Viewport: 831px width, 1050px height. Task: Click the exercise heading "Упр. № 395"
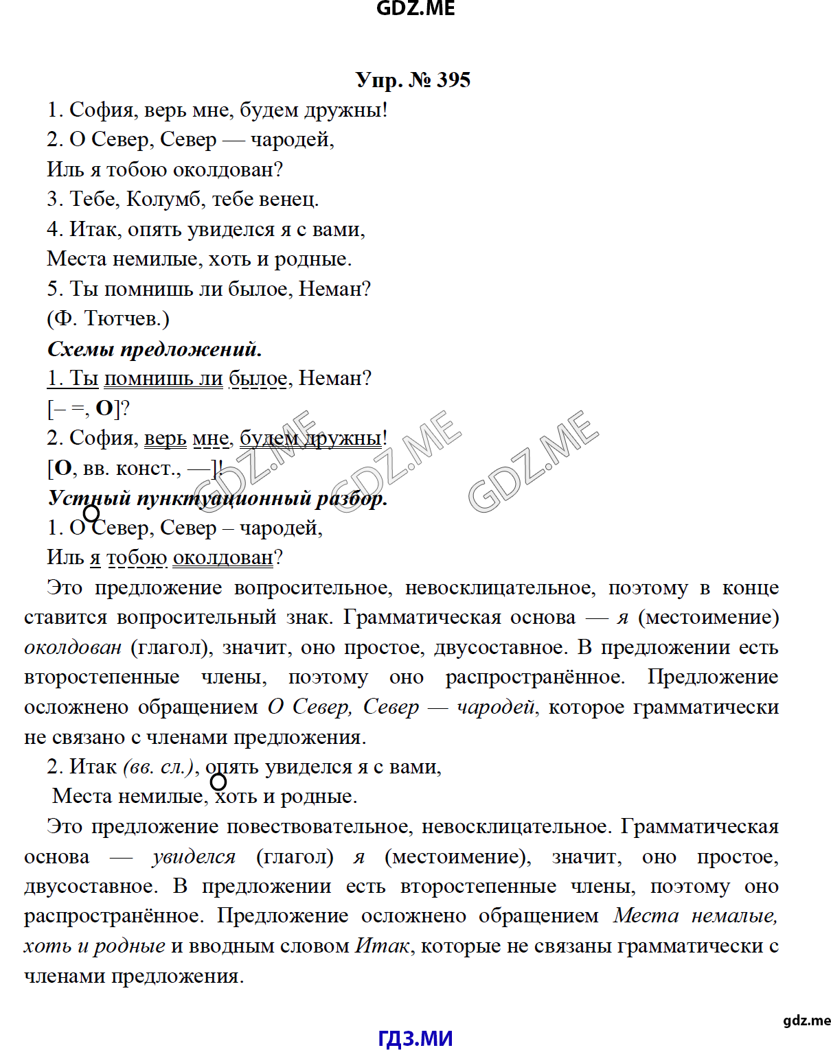413,80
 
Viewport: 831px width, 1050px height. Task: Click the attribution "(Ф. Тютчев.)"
108,318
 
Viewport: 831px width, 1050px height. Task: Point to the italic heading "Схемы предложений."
155,349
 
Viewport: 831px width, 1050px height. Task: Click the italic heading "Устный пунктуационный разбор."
218,498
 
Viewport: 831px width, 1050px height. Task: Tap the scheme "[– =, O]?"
89,408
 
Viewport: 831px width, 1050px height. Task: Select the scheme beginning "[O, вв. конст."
135,468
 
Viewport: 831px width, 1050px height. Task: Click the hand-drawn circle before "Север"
91,513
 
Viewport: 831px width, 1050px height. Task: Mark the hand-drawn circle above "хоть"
218,782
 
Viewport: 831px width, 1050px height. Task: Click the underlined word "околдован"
223,558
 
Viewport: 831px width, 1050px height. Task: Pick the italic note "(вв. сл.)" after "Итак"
159,767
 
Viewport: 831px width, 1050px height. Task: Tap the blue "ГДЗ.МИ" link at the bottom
415,1038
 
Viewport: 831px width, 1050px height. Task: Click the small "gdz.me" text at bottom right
806,1020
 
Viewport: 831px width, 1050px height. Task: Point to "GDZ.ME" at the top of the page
415,8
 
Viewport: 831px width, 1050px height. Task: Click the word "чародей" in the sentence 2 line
291,140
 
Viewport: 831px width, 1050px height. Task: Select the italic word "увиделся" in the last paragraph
194,856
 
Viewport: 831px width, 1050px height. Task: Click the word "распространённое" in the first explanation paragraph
534,677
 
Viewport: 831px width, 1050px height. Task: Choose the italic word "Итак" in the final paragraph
383,946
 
